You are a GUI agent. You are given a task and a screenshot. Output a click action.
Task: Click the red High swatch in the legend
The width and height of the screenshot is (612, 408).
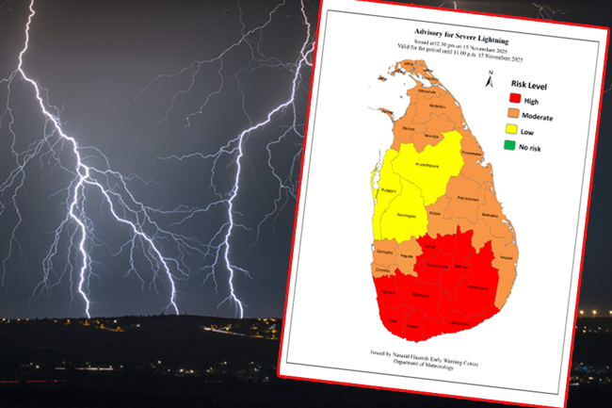tap(515, 98)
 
